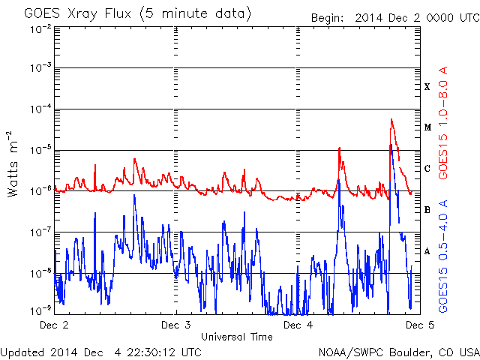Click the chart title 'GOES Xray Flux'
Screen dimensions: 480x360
point(77,13)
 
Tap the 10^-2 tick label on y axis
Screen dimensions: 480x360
point(40,30)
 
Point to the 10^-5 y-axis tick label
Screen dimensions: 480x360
point(40,150)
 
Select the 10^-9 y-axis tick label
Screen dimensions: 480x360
point(40,311)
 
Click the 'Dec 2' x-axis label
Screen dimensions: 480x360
point(54,325)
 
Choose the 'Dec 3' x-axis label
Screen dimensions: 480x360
point(176,325)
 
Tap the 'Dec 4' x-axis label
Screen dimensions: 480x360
point(298,325)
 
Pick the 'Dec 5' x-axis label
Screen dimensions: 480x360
point(420,325)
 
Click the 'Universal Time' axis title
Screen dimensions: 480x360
point(237,337)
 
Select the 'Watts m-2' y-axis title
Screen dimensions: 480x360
point(13,164)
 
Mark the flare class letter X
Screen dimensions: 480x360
point(427,87)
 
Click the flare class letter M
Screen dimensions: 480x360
point(427,127)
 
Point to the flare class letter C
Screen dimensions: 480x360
point(427,169)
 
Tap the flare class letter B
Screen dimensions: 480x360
point(427,210)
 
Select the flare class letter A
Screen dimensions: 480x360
point(427,251)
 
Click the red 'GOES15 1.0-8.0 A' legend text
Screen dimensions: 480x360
point(443,123)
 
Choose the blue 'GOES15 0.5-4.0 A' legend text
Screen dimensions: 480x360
point(443,256)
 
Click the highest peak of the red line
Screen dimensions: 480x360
point(391,119)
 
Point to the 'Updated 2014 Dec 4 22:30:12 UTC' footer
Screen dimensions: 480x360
point(101,352)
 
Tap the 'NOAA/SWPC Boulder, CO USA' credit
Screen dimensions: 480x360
point(399,352)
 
